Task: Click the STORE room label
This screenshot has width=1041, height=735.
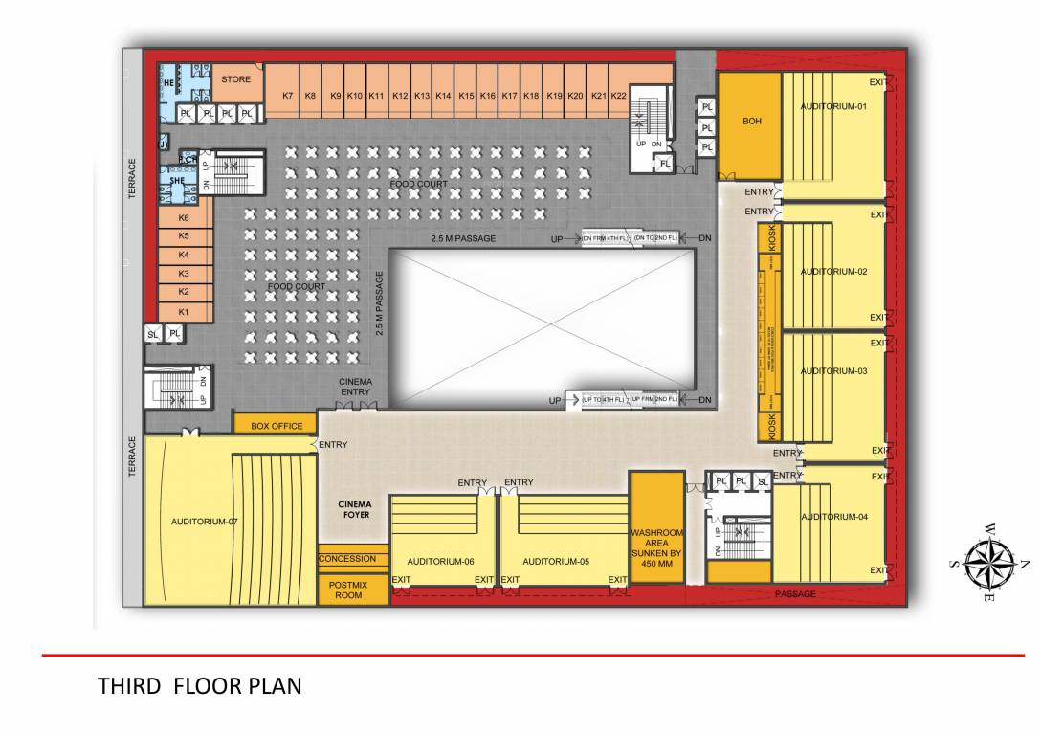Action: [x=236, y=80]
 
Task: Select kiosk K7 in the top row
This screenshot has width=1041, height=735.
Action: [x=287, y=96]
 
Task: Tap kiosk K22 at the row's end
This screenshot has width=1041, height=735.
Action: [x=618, y=96]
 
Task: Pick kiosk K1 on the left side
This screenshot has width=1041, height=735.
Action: [x=184, y=312]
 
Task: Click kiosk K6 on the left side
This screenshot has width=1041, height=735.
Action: [x=184, y=218]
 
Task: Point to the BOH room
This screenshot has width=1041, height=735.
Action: [x=751, y=122]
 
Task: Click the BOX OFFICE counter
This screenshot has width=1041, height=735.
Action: [x=277, y=426]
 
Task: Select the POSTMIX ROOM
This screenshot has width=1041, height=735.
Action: [x=348, y=590]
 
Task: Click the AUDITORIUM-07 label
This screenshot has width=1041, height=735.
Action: [x=204, y=522]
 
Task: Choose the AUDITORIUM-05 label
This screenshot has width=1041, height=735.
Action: [x=555, y=562]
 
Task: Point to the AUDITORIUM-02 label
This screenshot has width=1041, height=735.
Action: [x=833, y=272]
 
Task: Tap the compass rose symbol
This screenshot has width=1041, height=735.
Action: [x=989, y=563]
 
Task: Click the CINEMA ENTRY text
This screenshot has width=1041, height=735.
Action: [x=355, y=387]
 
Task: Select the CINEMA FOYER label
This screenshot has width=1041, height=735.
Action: [x=353, y=509]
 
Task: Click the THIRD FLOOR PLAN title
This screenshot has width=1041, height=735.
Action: [x=200, y=686]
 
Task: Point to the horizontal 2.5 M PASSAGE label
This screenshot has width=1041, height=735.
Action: [x=463, y=238]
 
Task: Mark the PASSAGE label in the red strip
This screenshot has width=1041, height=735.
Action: [x=795, y=594]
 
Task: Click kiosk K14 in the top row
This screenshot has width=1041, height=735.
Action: [x=444, y=96]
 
